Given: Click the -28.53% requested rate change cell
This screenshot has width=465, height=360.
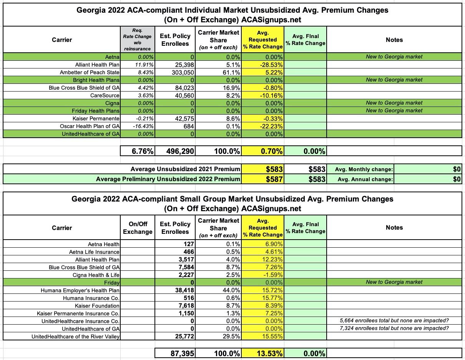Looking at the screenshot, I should (x=263, y=65).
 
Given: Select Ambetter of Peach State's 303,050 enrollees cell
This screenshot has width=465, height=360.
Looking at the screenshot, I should (x=175, y=72).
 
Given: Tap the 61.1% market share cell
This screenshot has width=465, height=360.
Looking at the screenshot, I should (x=218, y=72).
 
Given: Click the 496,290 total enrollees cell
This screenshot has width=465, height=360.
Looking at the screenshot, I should (x=175, y=151).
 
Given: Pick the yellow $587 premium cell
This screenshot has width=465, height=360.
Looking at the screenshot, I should (x=263, y=179).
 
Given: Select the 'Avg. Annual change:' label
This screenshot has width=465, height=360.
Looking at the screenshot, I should (x=360, y=179).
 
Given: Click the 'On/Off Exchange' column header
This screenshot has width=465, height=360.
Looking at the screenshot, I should (x=138, y=228).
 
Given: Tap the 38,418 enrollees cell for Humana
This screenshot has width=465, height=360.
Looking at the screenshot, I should (x=175, y=290).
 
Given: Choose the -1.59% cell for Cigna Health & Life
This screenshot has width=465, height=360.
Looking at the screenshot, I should (x=263, y=275).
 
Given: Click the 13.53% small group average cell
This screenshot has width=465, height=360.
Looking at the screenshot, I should (x=263, y=353).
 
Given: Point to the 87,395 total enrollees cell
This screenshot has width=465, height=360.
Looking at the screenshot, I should (x=175, y=353).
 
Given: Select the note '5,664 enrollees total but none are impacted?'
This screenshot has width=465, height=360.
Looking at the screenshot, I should (x=394, y=321).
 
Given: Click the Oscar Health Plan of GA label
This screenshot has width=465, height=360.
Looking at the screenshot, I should (x=90, y=126).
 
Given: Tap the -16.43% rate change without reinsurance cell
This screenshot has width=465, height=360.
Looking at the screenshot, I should (x=138, y=126).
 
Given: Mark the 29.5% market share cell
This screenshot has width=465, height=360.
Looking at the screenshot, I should (x=218, y=337).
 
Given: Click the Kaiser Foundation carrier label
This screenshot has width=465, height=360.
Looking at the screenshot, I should (x=98, y=306).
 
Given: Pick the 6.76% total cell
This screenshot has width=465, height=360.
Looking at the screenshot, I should (x=138, y=151).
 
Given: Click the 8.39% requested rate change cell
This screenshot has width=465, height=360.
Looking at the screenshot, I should (x=263, y=306).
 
